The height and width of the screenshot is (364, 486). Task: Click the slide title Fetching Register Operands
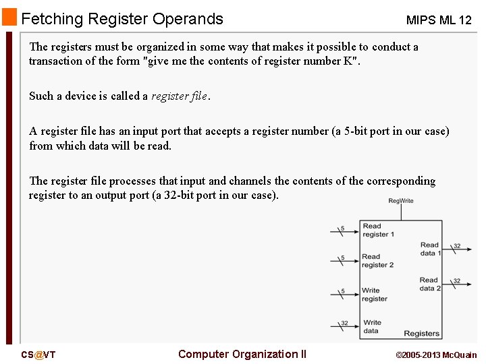(x=122, y=19)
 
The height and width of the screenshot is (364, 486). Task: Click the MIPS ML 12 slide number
(x=439, y=20)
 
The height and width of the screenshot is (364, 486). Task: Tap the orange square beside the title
(x=9, y=18)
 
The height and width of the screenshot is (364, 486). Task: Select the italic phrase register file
(x=179, y=96)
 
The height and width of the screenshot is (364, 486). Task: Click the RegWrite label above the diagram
(x=401, y=200)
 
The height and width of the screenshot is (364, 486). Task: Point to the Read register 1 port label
(x=378, y=231)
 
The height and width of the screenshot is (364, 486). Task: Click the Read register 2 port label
(x=378, y=261)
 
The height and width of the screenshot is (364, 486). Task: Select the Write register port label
(x=375, y=295)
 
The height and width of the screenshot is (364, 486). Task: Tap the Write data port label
(x=372, y=327)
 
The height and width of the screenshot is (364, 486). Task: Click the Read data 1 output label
(x=430, y=249)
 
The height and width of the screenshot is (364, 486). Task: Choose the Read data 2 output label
(x=430, y=284)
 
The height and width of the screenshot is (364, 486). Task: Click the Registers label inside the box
(x=421, y=334)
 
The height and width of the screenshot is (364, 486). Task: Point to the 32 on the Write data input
(x=344, y=323)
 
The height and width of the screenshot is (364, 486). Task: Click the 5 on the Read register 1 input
(x=342, y=229)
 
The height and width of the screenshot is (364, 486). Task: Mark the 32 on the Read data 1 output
(x=457, y=246)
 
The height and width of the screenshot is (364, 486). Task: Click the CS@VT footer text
(x=38, y=355)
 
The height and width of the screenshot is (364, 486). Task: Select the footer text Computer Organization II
(x=242, y=354)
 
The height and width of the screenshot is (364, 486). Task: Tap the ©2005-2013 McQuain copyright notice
(x=436, y=355)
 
